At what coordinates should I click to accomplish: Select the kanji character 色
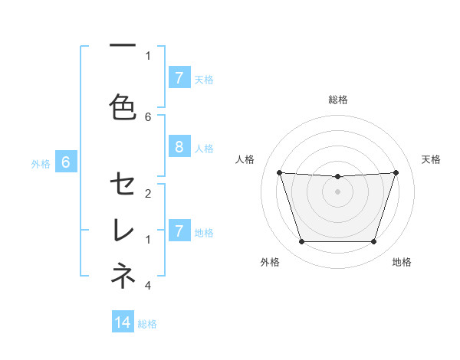pos(123,107)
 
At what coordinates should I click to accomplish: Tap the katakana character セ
pos(123,184)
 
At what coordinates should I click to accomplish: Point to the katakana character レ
pos(123,230)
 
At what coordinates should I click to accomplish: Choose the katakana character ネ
pos(123,276)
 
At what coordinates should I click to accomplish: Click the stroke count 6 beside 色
pos(148,116)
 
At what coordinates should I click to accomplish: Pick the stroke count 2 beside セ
pos(148,193)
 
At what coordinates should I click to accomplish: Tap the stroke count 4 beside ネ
pos(148,286)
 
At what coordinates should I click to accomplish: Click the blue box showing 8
pos(179,146)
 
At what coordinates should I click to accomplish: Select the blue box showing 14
pos(123,322)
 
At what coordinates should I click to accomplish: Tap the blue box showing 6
pos(66,162)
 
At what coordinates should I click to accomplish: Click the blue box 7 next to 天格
pos(179,78)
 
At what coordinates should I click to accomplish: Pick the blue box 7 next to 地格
pos(179,231)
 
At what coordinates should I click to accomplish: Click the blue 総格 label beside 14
pos(147,324)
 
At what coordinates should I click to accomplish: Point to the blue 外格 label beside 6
pos(41,163)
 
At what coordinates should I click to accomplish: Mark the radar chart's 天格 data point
pos(396,172)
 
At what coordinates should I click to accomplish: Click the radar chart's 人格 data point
pos(279,172)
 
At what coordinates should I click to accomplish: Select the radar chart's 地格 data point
pos(373,242)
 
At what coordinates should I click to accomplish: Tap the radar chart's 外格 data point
pos(301,242)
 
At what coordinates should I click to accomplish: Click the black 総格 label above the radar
pos(337,100)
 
